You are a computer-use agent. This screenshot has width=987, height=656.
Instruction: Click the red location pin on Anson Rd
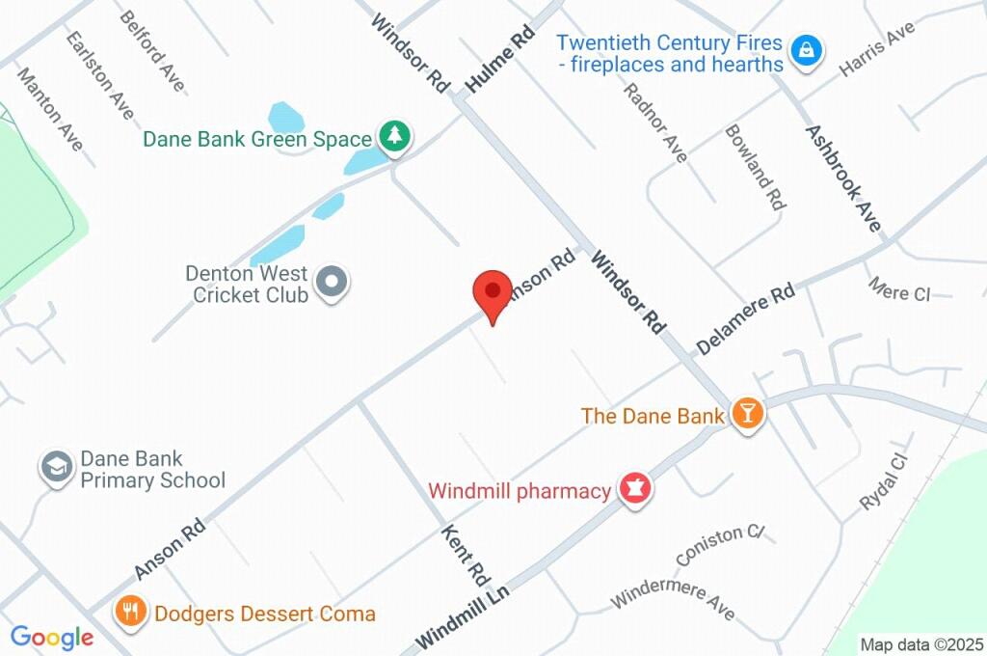tap(493, 291)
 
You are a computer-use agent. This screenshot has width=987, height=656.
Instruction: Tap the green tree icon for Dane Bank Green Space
tap(394, 137)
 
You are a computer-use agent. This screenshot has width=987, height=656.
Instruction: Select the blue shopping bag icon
tap(806, 50)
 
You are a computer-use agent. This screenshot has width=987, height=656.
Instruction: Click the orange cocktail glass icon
tap(747, 414)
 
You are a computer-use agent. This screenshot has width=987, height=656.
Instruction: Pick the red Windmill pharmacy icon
tap(634, 489)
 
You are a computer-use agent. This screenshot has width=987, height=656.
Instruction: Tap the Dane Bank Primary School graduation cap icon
tap(57, 468)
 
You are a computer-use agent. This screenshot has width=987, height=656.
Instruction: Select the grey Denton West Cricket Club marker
tap(333, 283)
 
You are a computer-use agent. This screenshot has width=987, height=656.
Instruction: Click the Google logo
tap(52, 637)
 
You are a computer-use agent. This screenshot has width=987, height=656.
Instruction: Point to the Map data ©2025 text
tap(921, 644)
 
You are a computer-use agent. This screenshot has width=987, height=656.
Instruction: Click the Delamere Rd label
tap(746, 318)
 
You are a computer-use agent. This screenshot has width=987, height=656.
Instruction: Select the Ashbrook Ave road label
tap(844, 178)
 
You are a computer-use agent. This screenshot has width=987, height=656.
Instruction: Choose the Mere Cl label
tap(898, 288)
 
